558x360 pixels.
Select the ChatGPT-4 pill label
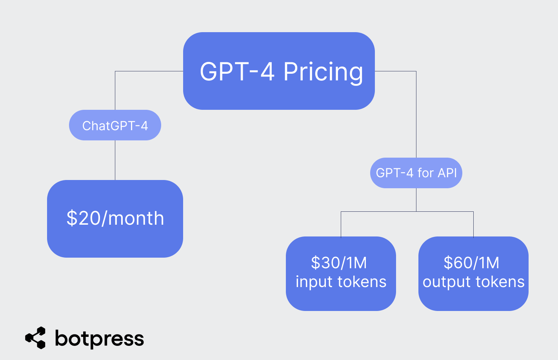pos(115,125)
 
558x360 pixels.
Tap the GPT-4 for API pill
pos(416,173)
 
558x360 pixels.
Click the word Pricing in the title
pos(323,72)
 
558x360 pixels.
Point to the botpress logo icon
pos(35,338)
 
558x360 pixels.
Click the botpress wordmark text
pos(100,339)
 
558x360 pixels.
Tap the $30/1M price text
pos(339,263)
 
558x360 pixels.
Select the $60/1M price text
pos(471,263)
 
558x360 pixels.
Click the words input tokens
pos(341,282)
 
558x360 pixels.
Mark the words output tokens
pos(473,282)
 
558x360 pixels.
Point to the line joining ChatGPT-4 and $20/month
pos(115,160)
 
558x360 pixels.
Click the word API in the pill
pos(447,173)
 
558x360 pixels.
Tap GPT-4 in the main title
pos(237,72)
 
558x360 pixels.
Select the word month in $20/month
pos(136,218)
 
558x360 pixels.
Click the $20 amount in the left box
pos(84,218)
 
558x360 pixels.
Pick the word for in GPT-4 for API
pos(425,173)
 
